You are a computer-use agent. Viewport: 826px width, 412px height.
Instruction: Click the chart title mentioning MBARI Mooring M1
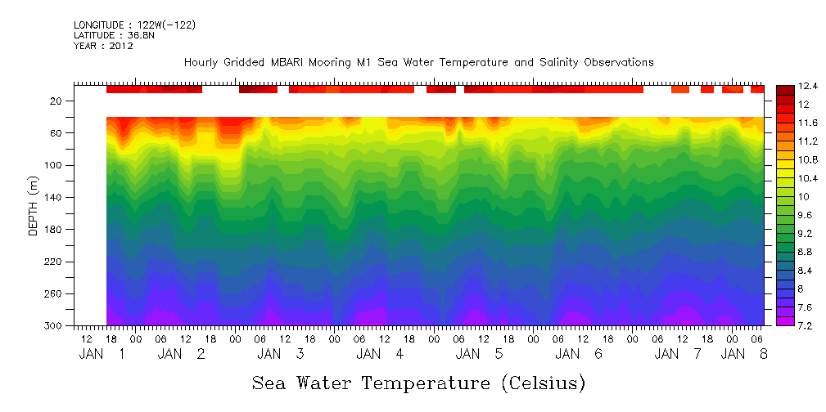[418, 62]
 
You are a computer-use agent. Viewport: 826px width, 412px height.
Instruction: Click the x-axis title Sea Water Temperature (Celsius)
[418, 382]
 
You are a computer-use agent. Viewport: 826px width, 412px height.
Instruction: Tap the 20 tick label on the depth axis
[56, 101]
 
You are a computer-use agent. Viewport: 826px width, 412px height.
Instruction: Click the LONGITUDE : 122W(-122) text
[134, 25]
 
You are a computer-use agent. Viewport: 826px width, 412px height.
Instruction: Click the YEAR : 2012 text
[103, 47]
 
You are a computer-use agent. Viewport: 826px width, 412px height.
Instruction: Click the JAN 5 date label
[480, 354]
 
